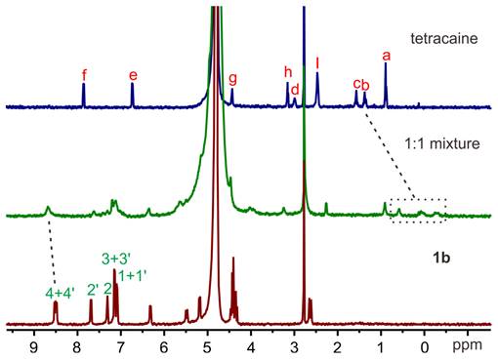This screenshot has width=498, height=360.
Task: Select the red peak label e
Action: coord(133,74)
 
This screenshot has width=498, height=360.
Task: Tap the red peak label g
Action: coord(232,78)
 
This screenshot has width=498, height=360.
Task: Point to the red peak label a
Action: coord(387,57)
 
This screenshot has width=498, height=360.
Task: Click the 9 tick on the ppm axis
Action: coord(35,344)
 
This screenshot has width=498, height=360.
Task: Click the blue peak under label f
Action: coord(84,95)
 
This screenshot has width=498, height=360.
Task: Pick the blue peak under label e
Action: coord(133,96)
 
